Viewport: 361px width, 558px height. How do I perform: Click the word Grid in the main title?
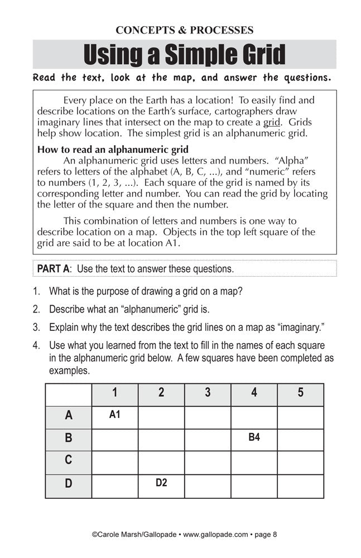tap(256, 54)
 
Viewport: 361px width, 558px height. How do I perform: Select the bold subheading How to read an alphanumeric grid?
tap(112, 149)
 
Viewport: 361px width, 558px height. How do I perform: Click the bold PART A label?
tap(53, 268)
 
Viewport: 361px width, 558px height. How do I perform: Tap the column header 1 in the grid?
tap(114, 393)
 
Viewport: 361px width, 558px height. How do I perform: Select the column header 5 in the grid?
tap(301, 393)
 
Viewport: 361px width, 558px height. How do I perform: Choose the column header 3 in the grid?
tap(208, 393)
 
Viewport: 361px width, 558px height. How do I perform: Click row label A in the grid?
tap(69, 416)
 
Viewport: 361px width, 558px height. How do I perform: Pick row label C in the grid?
tap(69, 460)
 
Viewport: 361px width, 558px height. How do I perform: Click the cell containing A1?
tap(114, 415)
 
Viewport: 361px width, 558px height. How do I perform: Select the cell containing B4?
tap(254, 438)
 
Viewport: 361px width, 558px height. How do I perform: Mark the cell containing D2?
tap(161, 483)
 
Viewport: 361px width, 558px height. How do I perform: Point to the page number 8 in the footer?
tap(275, 535)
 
